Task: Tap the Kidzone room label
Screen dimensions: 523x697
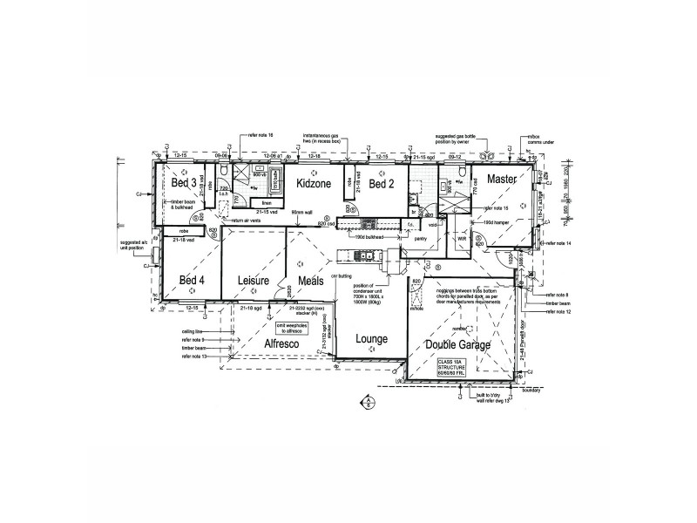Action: (x=313, y=185)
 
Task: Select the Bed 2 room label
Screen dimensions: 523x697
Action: (x=382, y=184)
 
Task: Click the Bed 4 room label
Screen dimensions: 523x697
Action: (x=192, y=280)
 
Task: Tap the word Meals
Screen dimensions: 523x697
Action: (x=311, y=281)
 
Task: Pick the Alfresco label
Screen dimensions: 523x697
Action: (x=284, y=344)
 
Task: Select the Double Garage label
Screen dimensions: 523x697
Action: (x=458, y=345)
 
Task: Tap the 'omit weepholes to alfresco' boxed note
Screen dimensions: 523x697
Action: (x=295, y=329)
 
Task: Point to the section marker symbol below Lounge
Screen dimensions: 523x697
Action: (x=369, y=402)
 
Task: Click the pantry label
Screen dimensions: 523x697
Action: (x=419, y=237)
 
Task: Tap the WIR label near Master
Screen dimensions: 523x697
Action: (x=462, y=237)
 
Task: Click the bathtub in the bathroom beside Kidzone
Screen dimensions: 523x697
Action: (x=278, y=184)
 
